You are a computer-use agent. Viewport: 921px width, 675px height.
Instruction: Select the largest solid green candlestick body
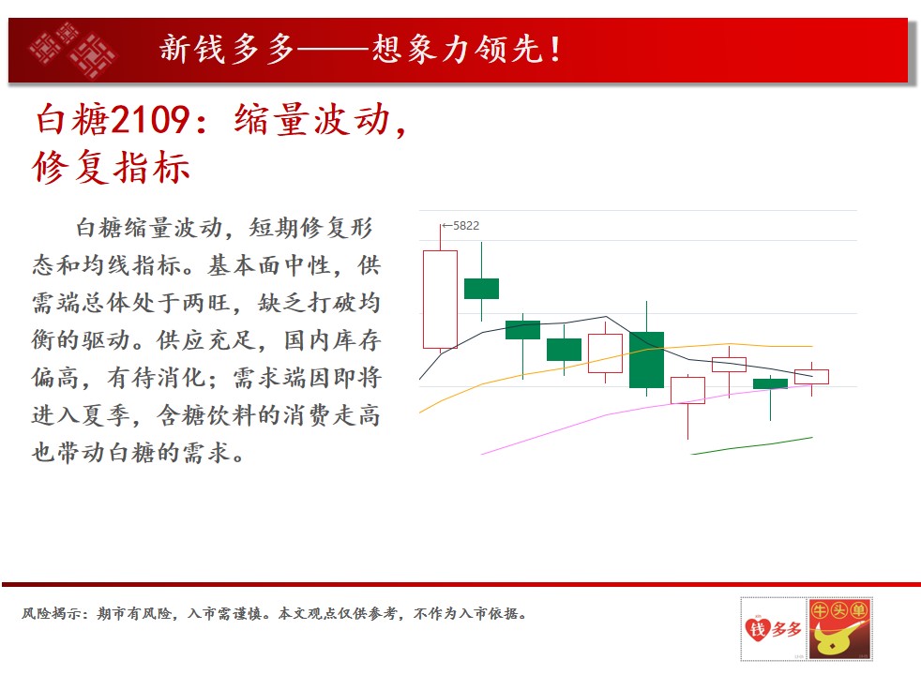click(x=646, y=360)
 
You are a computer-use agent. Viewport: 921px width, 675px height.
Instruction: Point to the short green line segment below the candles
click(x=752, y=445)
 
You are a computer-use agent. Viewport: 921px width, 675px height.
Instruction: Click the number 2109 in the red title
click(x=150, y=120)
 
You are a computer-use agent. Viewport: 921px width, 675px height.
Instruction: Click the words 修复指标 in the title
click(x=111, y=167)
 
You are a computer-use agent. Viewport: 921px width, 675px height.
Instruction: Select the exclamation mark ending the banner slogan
click(x=554, y=49)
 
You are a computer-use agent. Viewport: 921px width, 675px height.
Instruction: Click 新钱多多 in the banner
click(x=227, y=48)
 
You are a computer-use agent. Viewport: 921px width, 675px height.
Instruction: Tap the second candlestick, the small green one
click(x=481, y=288)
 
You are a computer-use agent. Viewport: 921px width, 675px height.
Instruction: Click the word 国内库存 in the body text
click(x=332, y=340)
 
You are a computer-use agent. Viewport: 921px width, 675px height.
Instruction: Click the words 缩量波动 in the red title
click(x=312, y=120)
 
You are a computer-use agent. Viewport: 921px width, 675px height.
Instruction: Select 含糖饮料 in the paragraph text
click(x=205, y=415)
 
